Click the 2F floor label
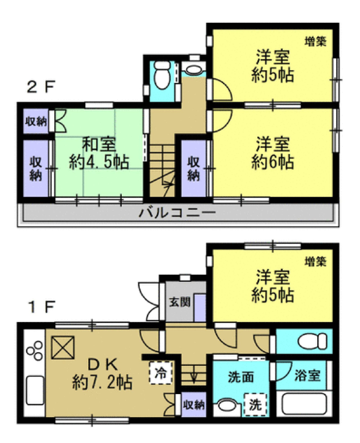coord(41,87)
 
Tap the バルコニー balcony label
coord(177,212)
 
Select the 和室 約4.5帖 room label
coord(99,153)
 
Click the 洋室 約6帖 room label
coord(272,153)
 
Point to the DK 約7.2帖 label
coord(102,374)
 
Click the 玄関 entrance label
coord(180,302)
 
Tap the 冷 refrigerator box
coord(160,373)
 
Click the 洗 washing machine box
coord(255,405)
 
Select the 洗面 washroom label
coord(241,377)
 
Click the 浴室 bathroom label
coord(307,375)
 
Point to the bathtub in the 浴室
coord(304,404)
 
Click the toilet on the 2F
coord(162,74)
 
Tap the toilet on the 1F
coord(313,341)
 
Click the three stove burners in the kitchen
coord(35,351)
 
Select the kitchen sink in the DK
coord(35,390)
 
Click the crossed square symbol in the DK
coord(63,347)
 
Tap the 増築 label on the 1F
coord(315,261)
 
